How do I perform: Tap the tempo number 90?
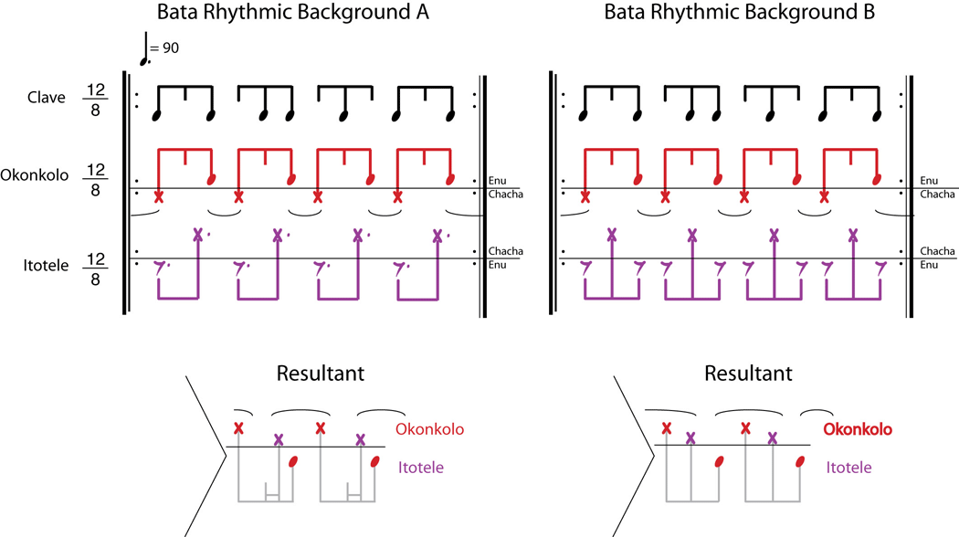tap(171, 49)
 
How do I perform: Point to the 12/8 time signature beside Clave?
tap(95, 98)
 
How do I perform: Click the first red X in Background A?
tap(159, 196)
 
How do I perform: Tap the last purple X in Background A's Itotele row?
tap(437, 235)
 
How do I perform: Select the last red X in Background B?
tap(825, 196)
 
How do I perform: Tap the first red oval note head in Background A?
tap(212, 179)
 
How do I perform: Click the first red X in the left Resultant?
tap(239, 428)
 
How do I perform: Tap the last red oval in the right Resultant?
tap(801, 461)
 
